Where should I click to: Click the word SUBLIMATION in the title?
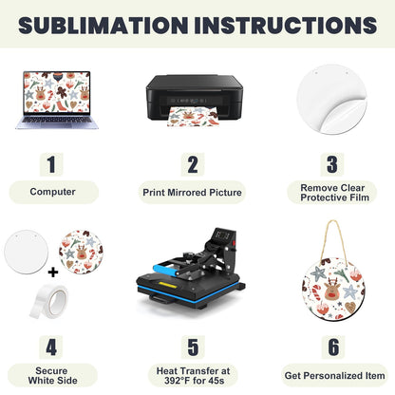click(x=103, y=25)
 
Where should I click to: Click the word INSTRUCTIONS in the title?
click(x=286, y=25)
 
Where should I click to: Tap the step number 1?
click(x=51, y=164)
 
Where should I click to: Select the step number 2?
click(x=193, y=164)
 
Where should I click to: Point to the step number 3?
click(x=332, y=164)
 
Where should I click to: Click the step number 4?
click(x=51, y=348)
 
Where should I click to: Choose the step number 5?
click(x=193, y=348)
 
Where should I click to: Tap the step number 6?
click(x=333, y=348)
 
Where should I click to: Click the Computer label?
click(x=52, y=192)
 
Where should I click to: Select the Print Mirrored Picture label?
click(x=192, y=192)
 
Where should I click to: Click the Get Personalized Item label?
click(x=334, y=376)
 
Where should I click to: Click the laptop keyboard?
click(x=57, y=120)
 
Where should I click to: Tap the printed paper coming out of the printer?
click(x=192, y=117)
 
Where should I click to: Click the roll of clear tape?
click(x=49, y=301)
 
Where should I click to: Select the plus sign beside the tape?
click(x=53, y=272)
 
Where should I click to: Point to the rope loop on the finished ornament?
click(x=333, y=241)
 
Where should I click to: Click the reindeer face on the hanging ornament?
click(x=331, y=289)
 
